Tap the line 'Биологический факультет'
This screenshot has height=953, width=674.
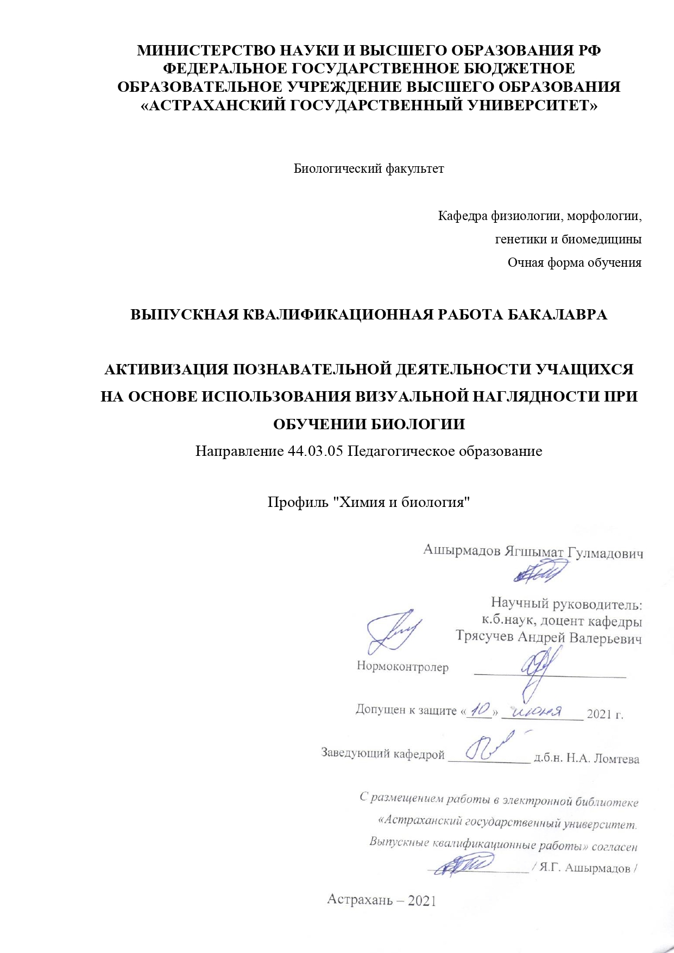[369, 169]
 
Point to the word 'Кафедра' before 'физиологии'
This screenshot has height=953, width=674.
[463, 217]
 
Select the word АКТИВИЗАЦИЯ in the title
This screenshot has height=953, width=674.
[167, 370]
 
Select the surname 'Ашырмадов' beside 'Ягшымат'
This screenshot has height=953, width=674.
[462, 551]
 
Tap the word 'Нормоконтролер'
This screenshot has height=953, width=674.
[402, 667]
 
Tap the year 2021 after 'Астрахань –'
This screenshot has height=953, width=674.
[422, 900]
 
